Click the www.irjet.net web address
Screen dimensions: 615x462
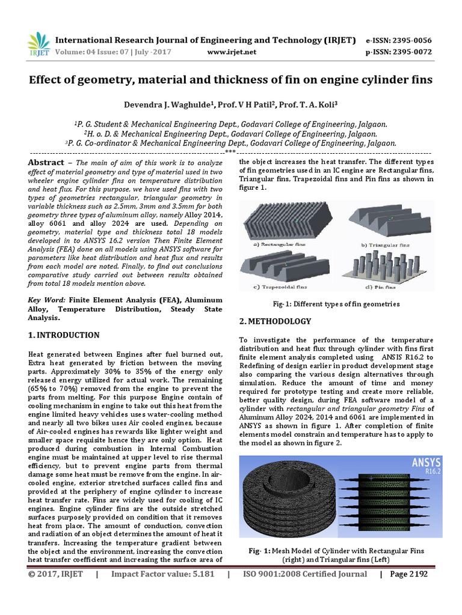[x=232, y=52]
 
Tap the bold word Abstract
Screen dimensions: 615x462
[x=46, y=163]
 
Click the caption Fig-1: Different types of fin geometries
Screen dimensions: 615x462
[x=335, y=304]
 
